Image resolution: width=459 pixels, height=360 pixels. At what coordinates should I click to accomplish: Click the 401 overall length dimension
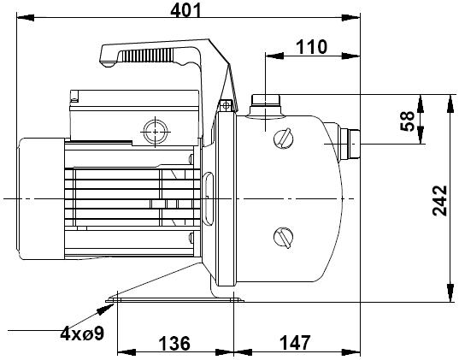click(185, 10)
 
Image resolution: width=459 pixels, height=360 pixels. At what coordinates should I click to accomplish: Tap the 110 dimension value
click(311, 47)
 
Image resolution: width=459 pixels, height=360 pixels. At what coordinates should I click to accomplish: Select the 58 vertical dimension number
click(407, 121)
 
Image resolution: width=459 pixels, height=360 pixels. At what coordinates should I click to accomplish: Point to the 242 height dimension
click(439, 201)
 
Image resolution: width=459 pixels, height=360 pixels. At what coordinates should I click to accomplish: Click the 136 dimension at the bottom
click(174, 343)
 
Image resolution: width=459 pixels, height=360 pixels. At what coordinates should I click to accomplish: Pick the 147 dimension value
click(295, 343)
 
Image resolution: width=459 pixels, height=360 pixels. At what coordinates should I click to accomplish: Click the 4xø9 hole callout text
click(82, 333)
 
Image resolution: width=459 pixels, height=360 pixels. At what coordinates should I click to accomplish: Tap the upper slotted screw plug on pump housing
click(284, 139)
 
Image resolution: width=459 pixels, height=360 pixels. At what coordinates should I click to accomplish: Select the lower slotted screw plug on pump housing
click(284, 237)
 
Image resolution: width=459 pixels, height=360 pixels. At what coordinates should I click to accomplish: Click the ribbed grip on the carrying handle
click(147, 56)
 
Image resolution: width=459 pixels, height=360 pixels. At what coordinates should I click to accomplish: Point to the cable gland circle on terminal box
click(156, 132)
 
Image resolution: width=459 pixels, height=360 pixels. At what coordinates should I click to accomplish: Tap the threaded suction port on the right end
click(350, 144)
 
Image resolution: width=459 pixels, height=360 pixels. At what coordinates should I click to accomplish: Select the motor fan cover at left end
click(41, 198)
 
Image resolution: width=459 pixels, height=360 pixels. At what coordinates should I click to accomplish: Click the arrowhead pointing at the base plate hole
click(105, 309)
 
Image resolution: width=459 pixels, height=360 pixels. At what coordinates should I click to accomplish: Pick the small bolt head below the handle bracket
click(226, 105)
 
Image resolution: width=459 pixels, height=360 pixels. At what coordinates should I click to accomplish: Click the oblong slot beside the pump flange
click(208, 199)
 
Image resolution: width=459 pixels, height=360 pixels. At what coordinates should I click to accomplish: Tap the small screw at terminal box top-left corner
click(74, 97)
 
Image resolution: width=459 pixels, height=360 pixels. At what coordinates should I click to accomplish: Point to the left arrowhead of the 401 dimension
click(26, 18)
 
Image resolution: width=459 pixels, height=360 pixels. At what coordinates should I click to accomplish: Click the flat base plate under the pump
click(174, 300)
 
